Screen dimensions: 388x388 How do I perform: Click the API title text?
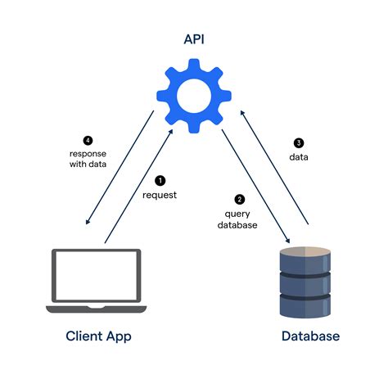pos(193,38)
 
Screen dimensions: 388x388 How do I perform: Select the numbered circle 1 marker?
pos(160,180)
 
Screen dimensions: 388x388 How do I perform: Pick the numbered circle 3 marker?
pos(298,141)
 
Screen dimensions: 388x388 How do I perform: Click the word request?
pos(160,195)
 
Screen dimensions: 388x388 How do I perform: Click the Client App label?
pos(98,336)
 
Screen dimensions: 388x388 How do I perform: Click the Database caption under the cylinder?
pos(310,336)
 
